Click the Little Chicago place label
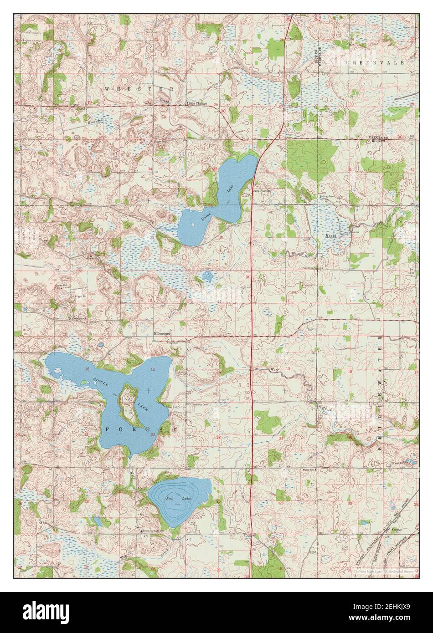pyautogui.click(x=197, y=103)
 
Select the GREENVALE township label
pyautogui.click(x=376, y=62)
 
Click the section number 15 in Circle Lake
pyautogui.click(x=153, y=369)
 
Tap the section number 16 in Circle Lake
pyautogui.click(x=87, y=368)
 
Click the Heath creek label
pyautogui.click(x=331, y=235)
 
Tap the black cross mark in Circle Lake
pyautogui.click(x=149, y=390)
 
